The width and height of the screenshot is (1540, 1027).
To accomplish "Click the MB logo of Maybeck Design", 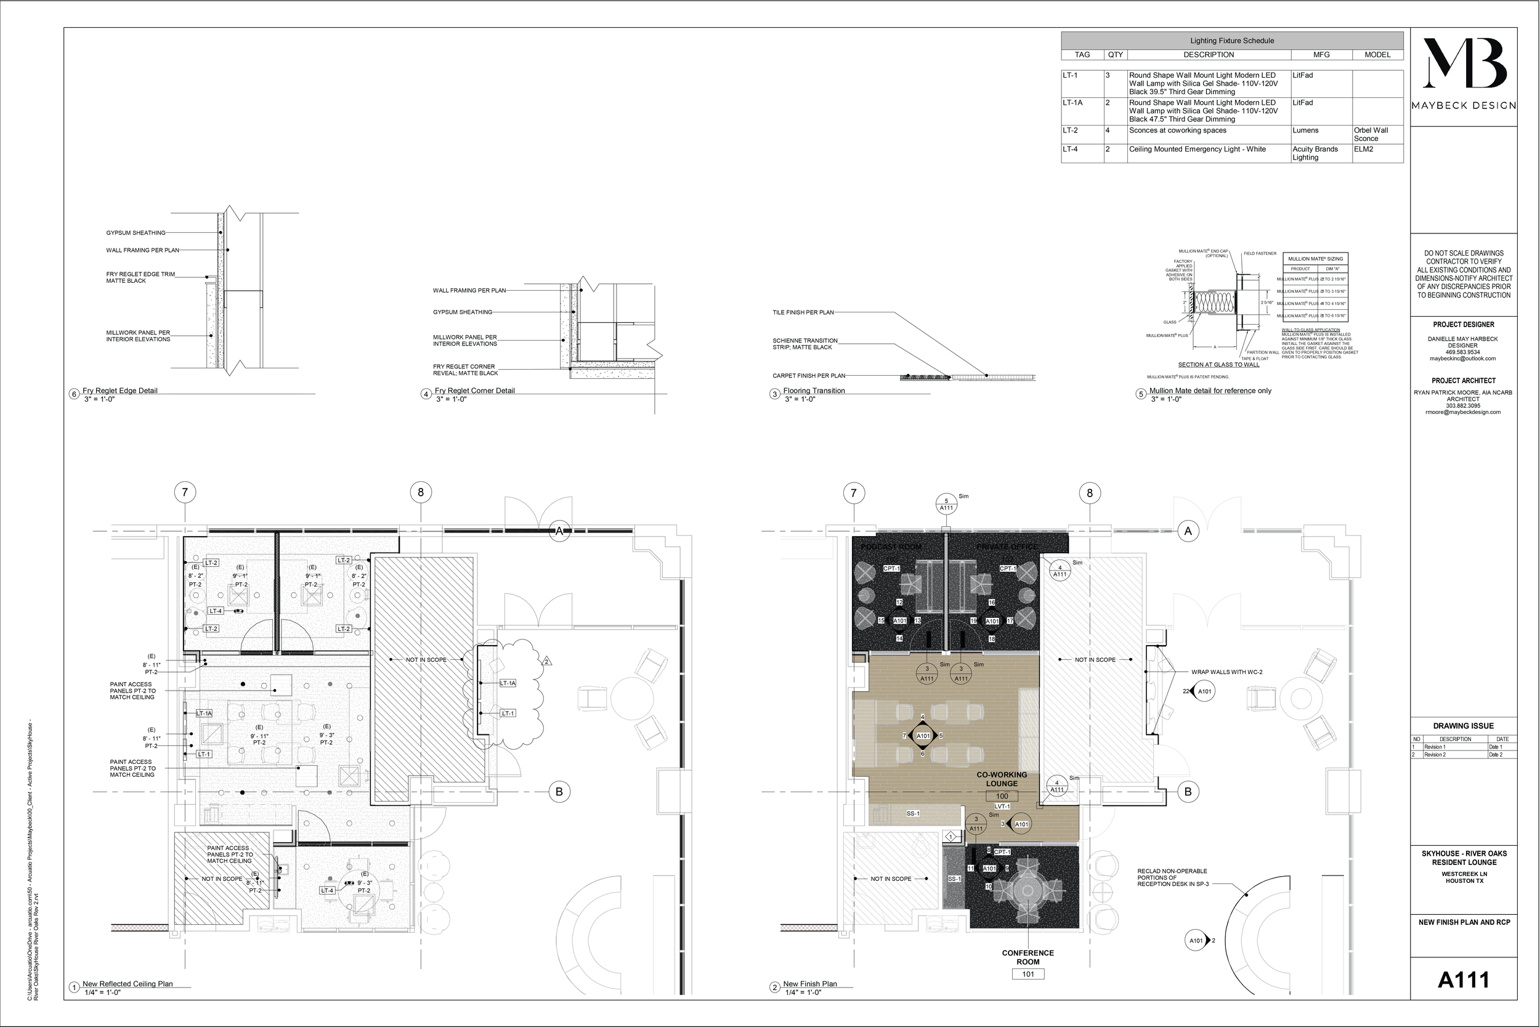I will click(1464, 63).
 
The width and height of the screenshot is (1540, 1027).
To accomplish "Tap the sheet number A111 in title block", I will click(1464, 980).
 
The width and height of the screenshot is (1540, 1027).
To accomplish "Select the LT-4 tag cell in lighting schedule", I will click(1070, 149).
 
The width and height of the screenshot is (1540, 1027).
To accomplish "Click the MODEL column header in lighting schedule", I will click(1377, 55).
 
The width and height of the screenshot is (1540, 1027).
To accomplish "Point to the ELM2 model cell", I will click(1364, 149).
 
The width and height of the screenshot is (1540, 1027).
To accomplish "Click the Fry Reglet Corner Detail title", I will click(475, 391).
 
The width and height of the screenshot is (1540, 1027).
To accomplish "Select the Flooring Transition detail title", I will click(814, 391).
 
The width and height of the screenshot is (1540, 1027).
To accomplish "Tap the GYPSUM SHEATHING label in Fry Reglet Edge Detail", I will click(136, 233).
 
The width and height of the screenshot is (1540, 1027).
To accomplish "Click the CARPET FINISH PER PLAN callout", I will click(809, 376).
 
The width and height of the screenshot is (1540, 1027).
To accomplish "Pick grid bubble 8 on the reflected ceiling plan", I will click(420, 492).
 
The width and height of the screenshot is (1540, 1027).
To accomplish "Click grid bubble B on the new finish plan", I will click(1188, 792).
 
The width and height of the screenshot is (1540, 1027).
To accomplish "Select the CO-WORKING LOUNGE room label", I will click(1002, 779).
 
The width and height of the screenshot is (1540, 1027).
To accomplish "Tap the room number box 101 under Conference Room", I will click(1028, 974).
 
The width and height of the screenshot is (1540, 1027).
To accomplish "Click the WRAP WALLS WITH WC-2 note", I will click(1226, 672).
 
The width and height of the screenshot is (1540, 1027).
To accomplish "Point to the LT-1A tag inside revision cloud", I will click(508, 683).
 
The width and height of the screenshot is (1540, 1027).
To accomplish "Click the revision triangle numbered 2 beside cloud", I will click(547, 662).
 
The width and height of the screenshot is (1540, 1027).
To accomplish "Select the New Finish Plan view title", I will click(810, 984).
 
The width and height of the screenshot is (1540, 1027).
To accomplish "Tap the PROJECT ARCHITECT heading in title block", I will click(1464, 381).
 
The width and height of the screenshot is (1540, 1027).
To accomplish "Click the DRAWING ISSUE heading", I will click(1464, 726).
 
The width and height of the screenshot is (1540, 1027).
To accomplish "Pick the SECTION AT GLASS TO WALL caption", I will click(1218, 365).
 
